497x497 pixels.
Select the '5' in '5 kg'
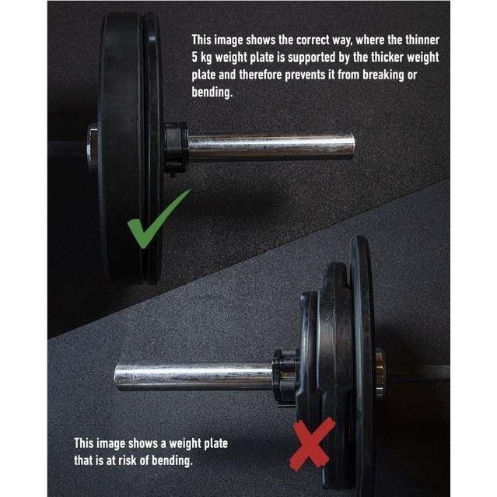[194, 58]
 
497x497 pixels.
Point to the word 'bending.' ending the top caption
[212, 92]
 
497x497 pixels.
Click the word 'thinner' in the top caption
[422, 40]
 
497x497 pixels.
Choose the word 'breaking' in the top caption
[383, 75]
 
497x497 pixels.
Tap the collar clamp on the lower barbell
[285, 377]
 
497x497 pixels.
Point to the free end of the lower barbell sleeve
[117, 377]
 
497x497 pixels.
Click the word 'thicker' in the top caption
[387, 58]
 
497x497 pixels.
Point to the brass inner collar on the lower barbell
[380, 372]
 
